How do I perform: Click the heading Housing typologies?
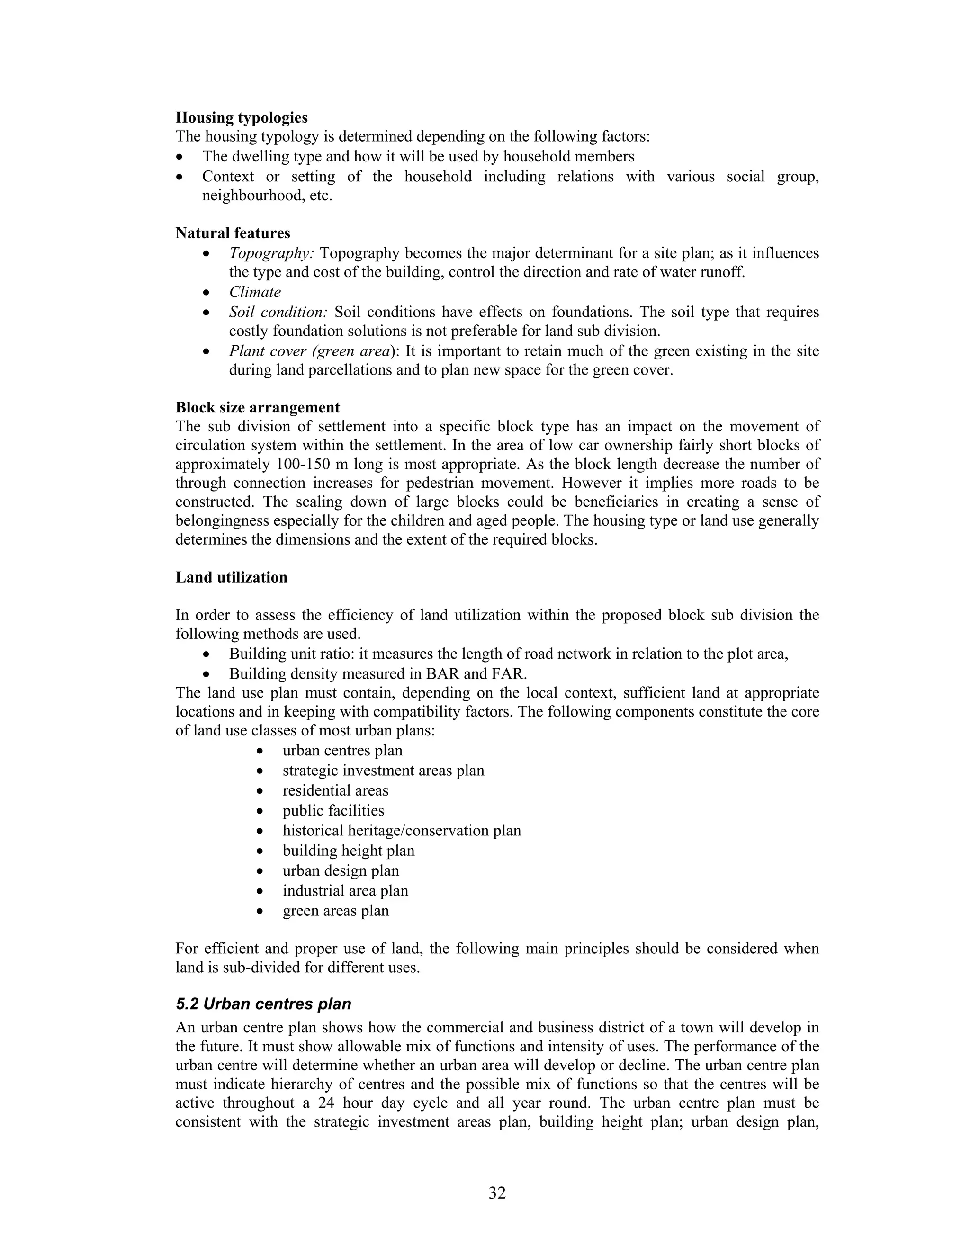pos(242,118)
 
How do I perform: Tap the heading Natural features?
pos(233,233)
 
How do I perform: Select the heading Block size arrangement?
pos(258,407)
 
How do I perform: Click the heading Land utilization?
pos(231,577)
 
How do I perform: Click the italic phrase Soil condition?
pos(278,312)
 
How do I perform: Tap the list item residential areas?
pos(335,791)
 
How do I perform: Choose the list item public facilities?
pos(333,811)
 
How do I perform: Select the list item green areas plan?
pos(336,911)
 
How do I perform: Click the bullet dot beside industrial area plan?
pos(261,892)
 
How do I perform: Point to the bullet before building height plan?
pos(261,852)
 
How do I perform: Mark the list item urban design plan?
pos(341,870)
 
